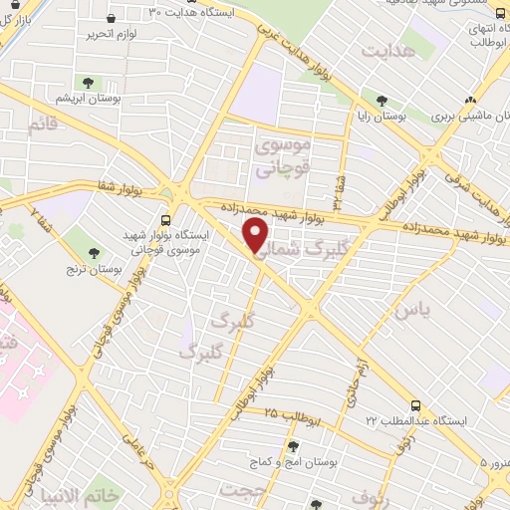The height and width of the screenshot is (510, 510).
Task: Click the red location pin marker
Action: coord(256,235)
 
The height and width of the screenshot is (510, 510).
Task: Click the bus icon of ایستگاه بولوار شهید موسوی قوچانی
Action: coord(165,220)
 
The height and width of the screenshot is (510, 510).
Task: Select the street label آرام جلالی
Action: coord(355,384)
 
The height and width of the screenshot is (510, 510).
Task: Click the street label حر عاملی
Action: coord(134,439)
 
